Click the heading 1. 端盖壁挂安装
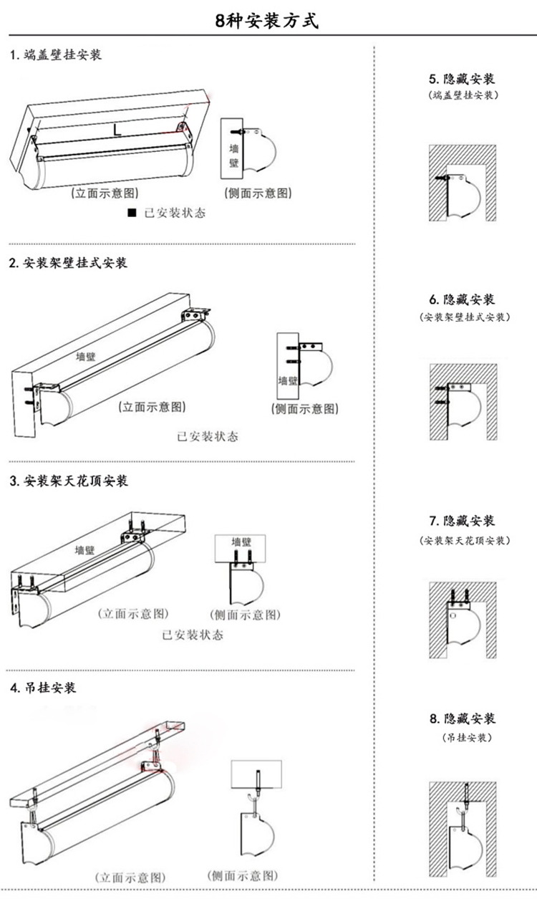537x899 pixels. [56, 55]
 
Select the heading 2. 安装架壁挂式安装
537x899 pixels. [68, 264]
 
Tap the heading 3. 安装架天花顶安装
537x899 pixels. [69, 481]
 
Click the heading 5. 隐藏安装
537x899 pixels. [462, 79]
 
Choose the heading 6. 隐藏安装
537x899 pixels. [462, 299]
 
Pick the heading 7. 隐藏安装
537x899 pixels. [462, 521]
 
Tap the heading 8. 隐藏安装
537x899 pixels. [462, 718]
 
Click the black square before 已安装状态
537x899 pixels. [132, 213]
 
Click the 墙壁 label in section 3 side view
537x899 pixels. [241, 542]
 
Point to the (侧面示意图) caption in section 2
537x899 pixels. [304, 409]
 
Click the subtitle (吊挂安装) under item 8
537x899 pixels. [462, 737]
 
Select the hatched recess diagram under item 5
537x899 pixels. [462, 183]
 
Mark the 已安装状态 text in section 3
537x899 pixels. [193, 635]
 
